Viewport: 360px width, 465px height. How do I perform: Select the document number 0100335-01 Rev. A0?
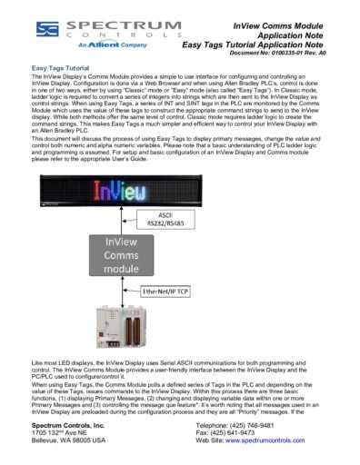point(295,54)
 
